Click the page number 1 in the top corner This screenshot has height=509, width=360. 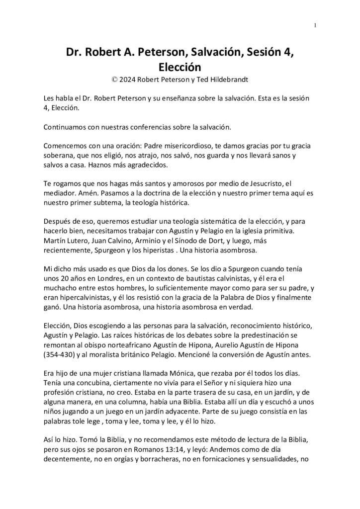315,25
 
